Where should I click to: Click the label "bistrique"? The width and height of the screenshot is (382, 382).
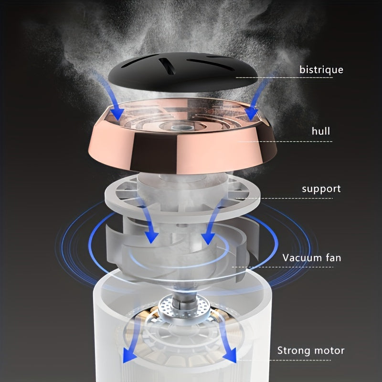(x=321, y=70)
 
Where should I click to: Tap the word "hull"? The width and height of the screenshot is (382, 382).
(x=321, y=131)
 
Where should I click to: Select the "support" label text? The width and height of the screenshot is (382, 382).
(x=321, y=189)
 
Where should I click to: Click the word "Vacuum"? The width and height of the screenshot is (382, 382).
(x=301, y=258)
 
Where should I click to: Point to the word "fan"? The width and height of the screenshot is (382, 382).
(x=333, y=258)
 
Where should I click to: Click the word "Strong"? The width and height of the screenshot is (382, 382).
(x=294, y=351)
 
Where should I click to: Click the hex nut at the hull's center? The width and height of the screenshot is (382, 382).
(x=176, y=127)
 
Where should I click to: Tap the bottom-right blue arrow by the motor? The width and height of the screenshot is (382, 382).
(x=225, y=341)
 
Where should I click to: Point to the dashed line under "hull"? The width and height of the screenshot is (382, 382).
(x=285, y=141)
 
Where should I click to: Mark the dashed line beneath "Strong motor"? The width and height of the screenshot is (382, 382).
(x=284, y=360)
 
